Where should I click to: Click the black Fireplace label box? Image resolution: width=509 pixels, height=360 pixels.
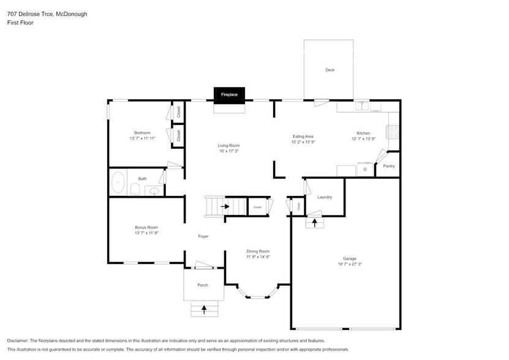[x=229, y=95]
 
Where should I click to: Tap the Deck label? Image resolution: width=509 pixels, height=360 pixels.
[x=330, y=70]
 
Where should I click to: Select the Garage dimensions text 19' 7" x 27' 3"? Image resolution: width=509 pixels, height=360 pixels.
[x=349, y=264]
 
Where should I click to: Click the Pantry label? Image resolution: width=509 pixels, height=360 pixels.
[x=388, y=166]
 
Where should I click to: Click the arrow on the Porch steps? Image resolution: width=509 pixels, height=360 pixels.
[x=204, y=309]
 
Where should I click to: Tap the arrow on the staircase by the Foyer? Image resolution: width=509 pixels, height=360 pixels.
[x=225, y=206]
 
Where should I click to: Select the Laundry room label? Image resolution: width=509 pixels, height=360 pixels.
[x=325, y=197]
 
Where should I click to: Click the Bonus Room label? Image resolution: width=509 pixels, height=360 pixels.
[x=146, y=227]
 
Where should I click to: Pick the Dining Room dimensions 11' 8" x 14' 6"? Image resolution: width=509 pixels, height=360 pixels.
[x=258, y=257]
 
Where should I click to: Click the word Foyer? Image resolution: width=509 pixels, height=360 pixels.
[x=203, y=236]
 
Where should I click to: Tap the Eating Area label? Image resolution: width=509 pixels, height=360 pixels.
[x=303, y=137]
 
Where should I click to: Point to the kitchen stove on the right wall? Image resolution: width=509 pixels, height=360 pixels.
[x=393, y=131]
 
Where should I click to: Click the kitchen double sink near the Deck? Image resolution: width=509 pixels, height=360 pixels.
[x=361, y=106]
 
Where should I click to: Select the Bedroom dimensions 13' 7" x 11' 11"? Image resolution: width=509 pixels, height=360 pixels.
[x=142, y=138]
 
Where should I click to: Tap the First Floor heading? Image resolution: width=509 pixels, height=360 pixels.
[x=20, y=23]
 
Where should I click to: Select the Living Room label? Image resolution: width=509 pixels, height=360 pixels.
[x=228, y=146]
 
